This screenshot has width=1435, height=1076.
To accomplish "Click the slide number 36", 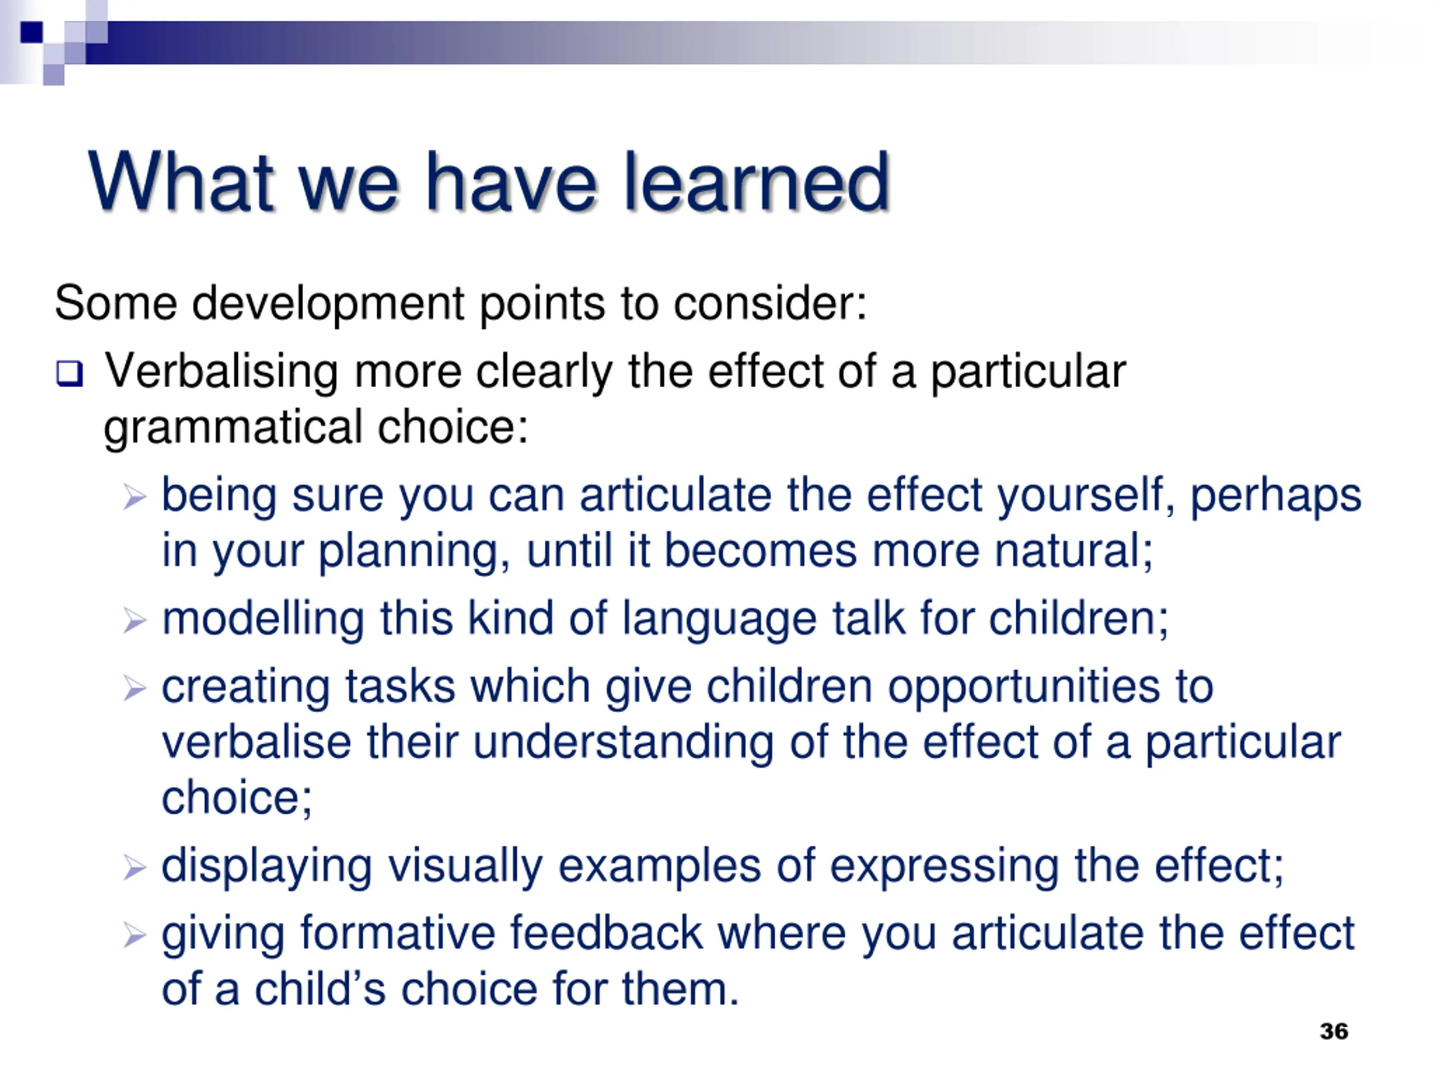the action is tap(1334, 1031).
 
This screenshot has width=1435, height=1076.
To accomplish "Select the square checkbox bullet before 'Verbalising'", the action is tap(70, 374).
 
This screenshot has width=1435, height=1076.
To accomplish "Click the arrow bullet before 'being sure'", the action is tap(135, 498).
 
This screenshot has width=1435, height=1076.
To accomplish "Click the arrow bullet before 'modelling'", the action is tap(135, 621).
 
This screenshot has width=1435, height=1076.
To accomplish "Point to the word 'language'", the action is tap(719, 620).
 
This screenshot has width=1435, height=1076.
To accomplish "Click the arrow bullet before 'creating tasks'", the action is tap(135, 688).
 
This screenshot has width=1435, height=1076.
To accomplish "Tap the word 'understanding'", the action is tap(623, 743).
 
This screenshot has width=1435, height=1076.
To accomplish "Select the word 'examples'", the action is tap(659, 868).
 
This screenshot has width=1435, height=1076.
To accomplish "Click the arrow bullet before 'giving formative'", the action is tap(135, 935).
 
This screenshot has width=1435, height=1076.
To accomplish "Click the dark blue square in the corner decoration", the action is tap(32, 32).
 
